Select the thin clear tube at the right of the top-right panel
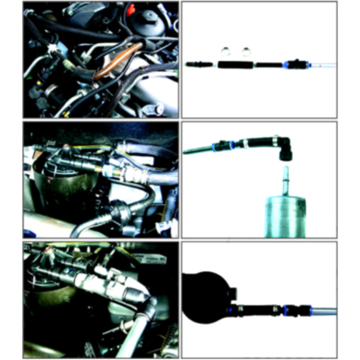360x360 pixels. pyautogui.click(x=321, y=64)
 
